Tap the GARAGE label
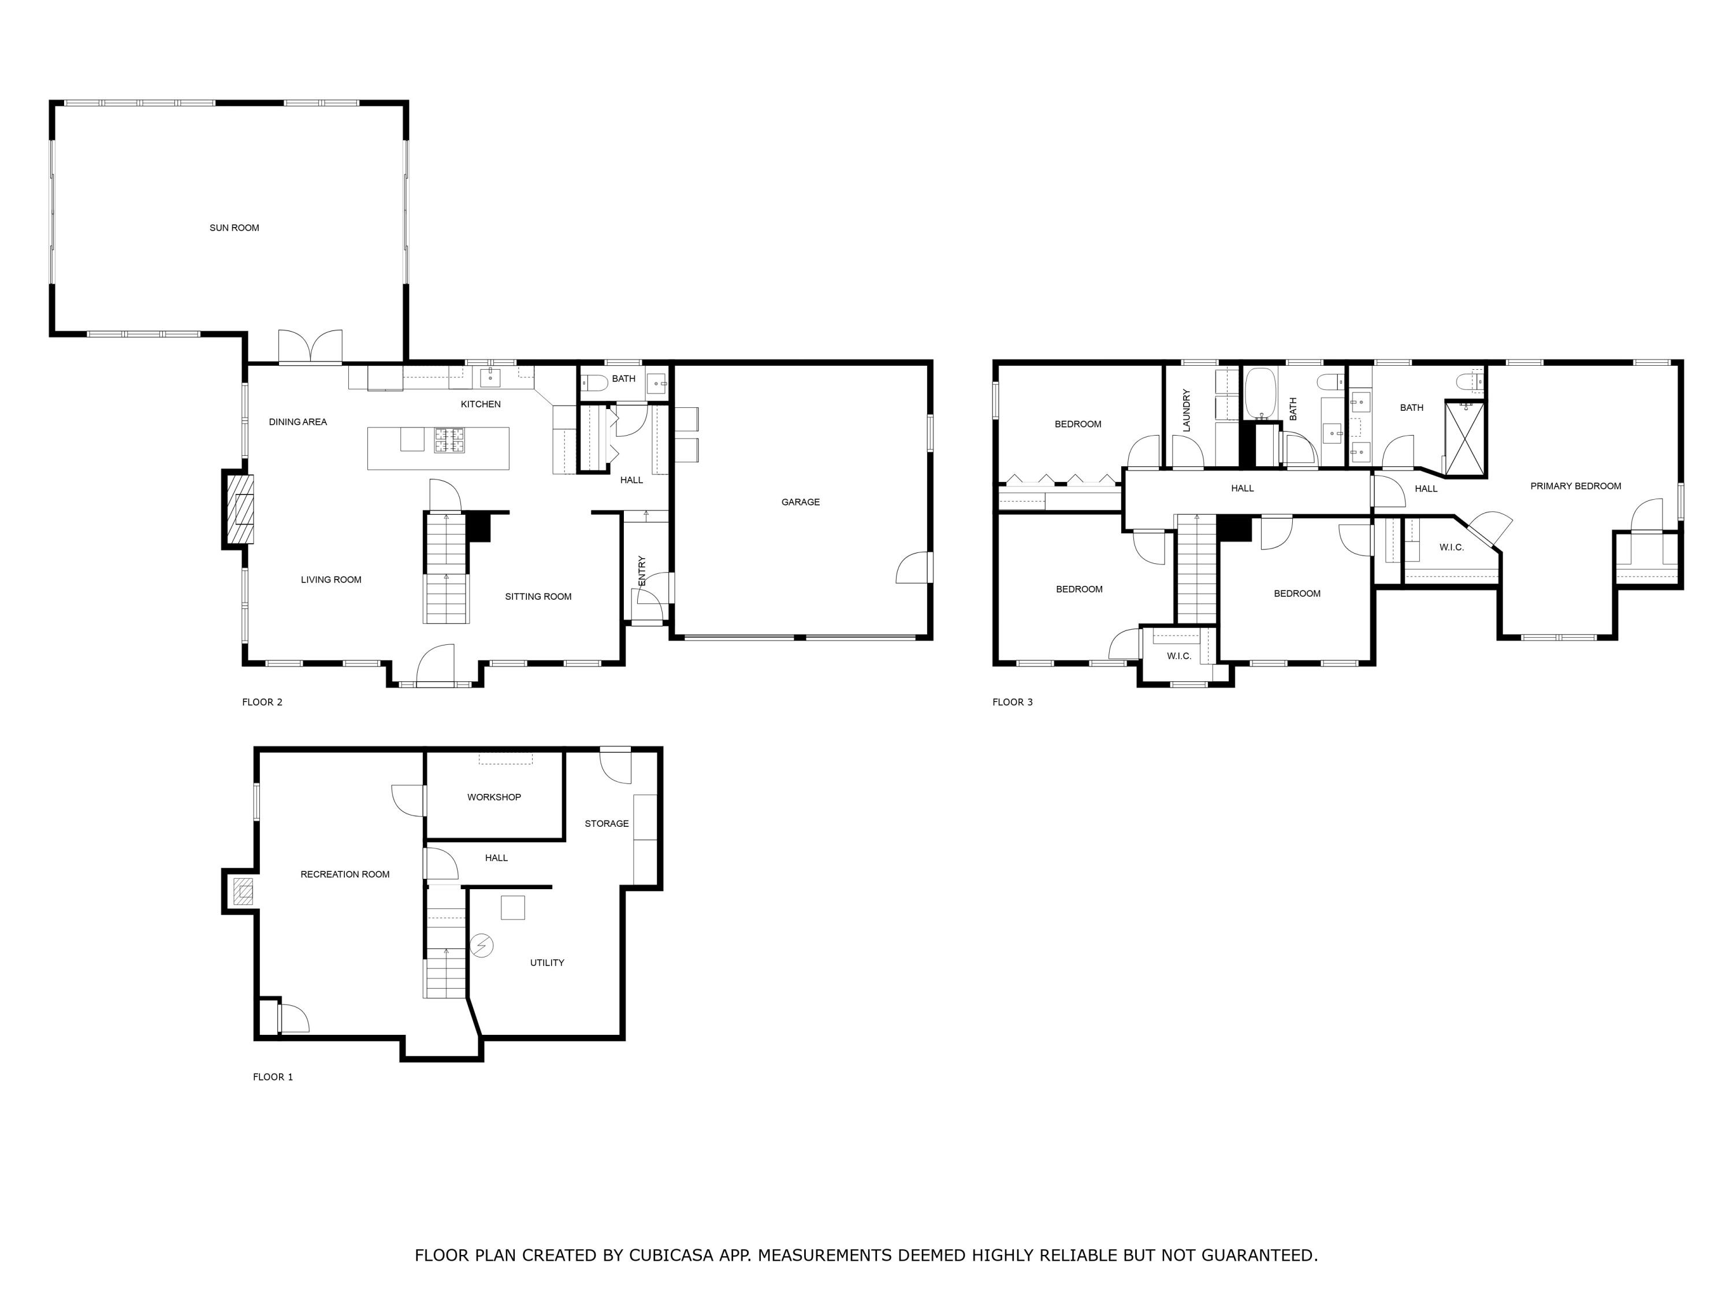[800, 502]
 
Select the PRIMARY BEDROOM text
[1575, 486]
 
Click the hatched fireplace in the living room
[240, 510]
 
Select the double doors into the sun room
[311, 347]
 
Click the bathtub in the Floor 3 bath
[1260, 393]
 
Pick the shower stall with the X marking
[1464, 440]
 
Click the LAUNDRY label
[1186, 411]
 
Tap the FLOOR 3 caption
[1012, 702]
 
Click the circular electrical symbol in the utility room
[482, 946]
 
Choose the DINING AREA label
[297, 422]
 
